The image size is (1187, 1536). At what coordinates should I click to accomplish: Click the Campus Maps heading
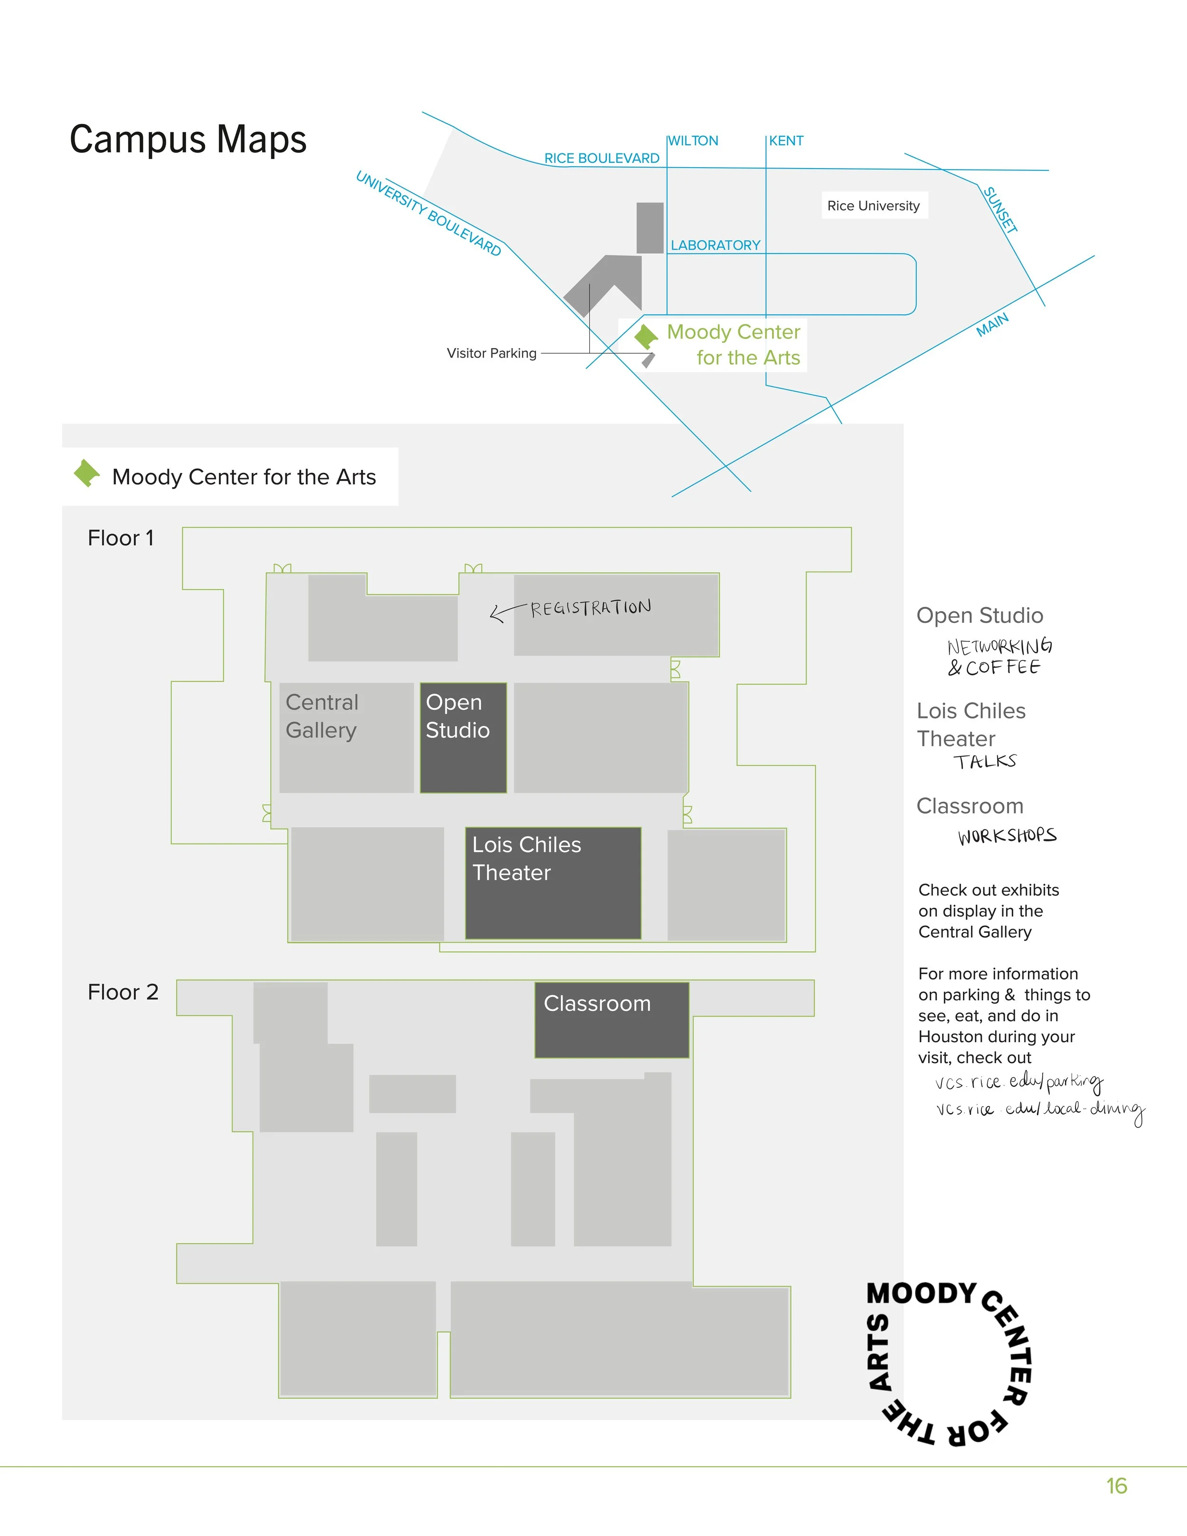tap(188, 139)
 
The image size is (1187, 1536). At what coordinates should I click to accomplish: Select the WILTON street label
tap(693, 141)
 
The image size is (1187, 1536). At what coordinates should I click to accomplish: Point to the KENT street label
tap(786, 141)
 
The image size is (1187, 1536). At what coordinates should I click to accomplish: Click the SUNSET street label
tap(1000, 209)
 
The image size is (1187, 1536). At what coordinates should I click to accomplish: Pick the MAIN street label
tap(992, 325)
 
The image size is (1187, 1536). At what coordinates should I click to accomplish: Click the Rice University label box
tap(873, 206)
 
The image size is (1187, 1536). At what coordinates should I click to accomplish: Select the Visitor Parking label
tap(491, 353)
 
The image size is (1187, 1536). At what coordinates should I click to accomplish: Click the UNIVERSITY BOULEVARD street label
tap(428, 213)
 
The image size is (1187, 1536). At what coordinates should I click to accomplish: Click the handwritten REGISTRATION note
tap(591, 608)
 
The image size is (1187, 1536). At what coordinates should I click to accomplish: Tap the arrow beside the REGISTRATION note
tap(506, 612)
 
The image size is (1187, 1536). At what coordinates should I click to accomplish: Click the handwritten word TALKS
tap(984, 762)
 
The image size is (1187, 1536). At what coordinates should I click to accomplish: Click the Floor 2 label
tap(123, 992)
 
